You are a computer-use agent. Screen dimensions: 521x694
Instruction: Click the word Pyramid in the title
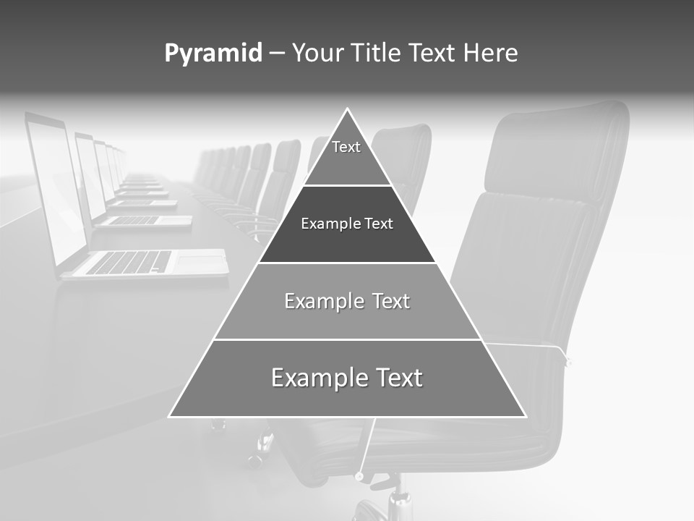[213, 54]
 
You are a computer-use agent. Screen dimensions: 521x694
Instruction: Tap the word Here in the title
[490, 54]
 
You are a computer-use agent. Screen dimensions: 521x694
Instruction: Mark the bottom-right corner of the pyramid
[525, 416]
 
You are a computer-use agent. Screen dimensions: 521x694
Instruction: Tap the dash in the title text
[277, 54]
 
